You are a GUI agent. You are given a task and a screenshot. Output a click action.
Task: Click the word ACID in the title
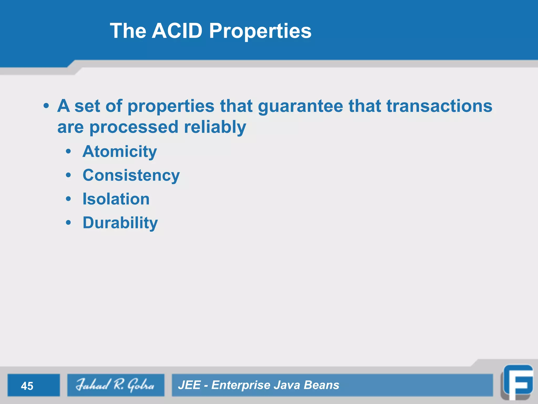[177, 31]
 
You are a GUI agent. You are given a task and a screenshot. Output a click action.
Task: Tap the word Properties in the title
[260, 31]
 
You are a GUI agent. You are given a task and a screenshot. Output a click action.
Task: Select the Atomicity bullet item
[120, 151]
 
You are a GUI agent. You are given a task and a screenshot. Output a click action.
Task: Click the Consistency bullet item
[131, 175]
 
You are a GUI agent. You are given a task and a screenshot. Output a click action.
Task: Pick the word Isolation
[116, 199]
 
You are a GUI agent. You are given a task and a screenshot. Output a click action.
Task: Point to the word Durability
[120, 223]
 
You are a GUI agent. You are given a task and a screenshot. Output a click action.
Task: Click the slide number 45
[27, 386]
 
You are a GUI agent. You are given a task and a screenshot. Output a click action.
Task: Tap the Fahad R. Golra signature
[115, 385]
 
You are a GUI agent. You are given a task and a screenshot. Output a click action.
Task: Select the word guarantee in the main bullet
[301, 106]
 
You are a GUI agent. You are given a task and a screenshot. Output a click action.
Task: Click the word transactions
[439, 106]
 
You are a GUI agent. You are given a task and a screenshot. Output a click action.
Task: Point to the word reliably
[215, 127]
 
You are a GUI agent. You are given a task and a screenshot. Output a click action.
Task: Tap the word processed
[134, 127]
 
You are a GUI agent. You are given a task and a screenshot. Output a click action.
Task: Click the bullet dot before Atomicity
[69, 151]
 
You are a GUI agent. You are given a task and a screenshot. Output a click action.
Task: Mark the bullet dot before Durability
[69, 223]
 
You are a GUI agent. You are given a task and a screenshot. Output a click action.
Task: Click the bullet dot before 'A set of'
[46, 106]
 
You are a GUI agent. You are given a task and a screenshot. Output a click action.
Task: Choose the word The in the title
[128, 31]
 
